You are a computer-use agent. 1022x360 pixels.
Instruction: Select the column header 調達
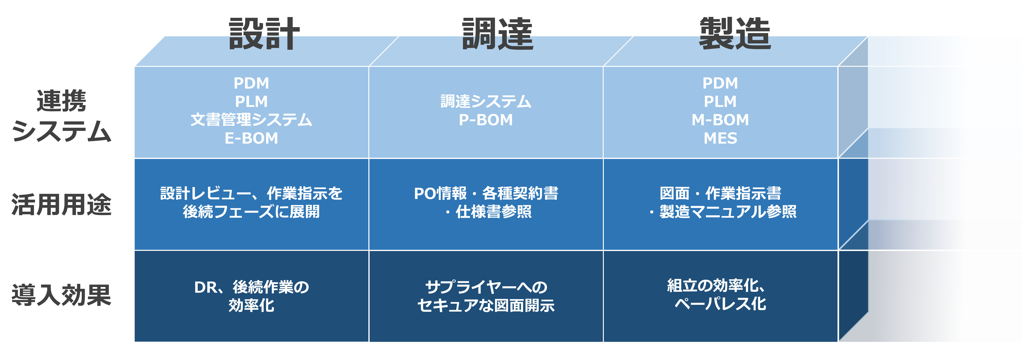pyautogui.click(x=498, y=34)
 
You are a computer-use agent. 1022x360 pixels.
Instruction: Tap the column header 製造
pyautogui.click(x=735, y=34)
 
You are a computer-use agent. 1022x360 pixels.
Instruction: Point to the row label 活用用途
pyautogui.click(x=62, y=205)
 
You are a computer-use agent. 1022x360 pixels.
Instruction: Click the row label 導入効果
pyautogui.click(x=62, y=295)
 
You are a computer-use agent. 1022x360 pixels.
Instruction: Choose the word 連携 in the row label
pyautogui.click(x=62, y=101)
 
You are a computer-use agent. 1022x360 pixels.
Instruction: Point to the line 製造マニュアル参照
pyautogui.click(x=728, y=212)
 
